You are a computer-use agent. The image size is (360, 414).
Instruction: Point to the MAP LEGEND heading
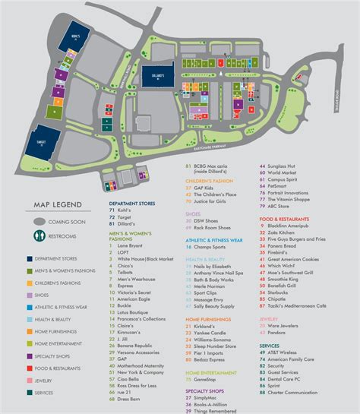coord(56,204)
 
